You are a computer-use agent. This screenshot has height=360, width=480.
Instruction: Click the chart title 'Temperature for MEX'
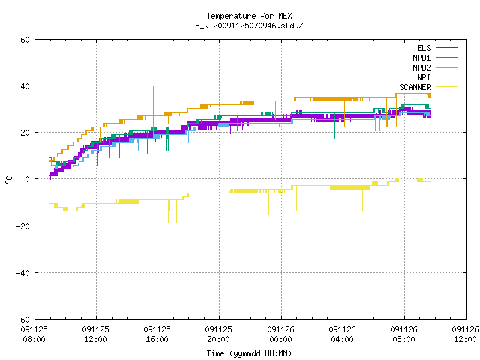point(249,16)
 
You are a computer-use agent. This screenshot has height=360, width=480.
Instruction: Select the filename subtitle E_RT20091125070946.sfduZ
point(249,25)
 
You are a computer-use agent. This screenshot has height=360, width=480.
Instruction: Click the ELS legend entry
point(424,48)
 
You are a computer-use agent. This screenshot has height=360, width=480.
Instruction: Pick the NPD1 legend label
point(421,58)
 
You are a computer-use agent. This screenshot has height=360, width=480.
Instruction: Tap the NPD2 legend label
point(421,67)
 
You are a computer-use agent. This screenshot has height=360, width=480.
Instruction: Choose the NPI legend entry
point(424,77)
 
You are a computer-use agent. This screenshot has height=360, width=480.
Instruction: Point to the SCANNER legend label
point(415,87)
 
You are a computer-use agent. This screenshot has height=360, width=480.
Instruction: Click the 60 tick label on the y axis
point(25,40)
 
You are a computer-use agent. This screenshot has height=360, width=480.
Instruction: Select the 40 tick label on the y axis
point(25,86)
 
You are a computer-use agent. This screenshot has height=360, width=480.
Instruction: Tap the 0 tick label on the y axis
point(28,179)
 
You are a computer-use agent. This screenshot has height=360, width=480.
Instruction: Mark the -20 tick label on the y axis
point(23,226)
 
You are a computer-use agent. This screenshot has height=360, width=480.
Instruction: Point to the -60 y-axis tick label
point(23,319)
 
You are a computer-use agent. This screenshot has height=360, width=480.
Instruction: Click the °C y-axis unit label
point(8,180)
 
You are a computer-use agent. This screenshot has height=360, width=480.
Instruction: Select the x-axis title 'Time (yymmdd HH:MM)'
point(249,353)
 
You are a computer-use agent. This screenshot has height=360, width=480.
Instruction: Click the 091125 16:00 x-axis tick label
point(157,334)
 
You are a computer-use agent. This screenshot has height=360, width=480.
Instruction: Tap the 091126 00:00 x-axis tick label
point(280,334)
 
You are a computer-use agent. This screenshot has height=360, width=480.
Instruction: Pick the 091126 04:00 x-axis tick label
point(342,334)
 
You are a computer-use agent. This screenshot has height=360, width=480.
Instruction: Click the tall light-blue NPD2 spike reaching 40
point(153,107)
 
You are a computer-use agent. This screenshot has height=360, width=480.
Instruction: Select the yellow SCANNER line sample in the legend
point(446,87)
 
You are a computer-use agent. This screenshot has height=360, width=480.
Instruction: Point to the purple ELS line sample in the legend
point(446,48)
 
